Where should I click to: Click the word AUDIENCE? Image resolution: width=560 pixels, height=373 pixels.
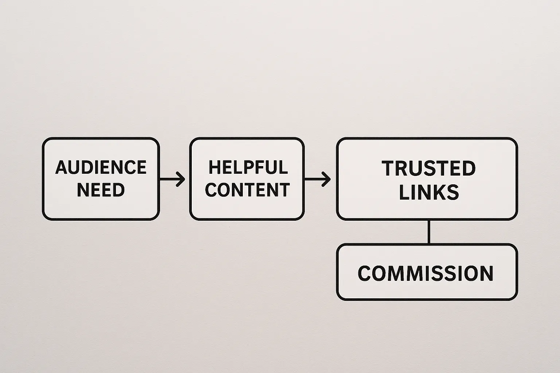click(x=101, y=168)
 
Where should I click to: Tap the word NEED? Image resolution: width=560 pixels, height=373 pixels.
click(x=101, y=190)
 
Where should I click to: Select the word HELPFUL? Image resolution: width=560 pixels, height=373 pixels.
click(x=248, y=168)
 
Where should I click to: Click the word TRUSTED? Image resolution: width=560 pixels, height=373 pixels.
click(x=429, y=169)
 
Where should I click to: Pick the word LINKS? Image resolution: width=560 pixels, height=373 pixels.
click(x=429, y=192)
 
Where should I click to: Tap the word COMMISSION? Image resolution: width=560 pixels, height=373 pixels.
click(x=425, y=274)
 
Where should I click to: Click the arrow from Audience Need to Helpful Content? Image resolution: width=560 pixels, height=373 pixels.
click(x=171, y=179)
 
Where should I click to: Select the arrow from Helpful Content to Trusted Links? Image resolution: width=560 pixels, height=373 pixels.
click(x=316, y=179)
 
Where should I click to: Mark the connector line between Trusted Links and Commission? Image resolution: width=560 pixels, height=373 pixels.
click(x=429, y=232)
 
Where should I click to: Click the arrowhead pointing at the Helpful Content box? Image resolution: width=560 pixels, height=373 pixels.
click(x=181, y=179)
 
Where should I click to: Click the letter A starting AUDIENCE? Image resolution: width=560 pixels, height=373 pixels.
click(x=62, y=168)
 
